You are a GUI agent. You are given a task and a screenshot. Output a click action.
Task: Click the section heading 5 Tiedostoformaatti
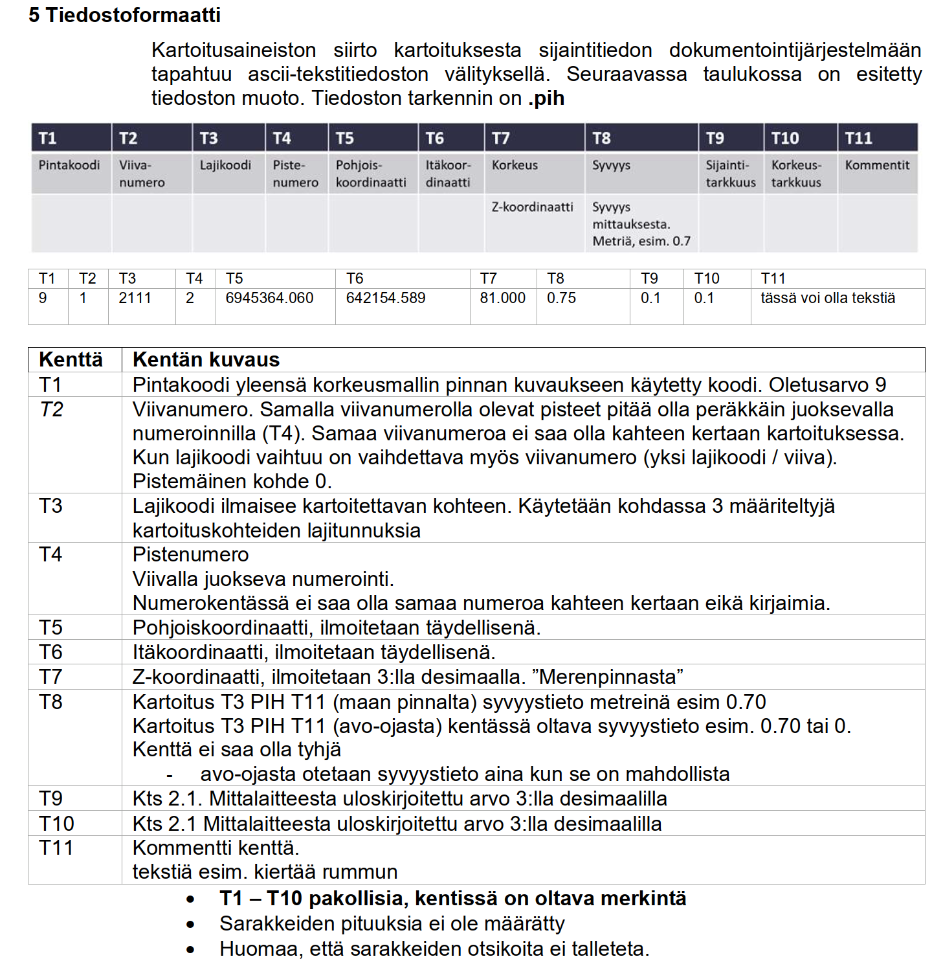point(124,15)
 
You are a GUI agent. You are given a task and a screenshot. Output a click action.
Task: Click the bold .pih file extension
point(546,98)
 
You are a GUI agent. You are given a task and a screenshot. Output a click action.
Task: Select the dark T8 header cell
point(641,138)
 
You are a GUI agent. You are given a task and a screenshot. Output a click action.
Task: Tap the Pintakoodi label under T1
point(69,165)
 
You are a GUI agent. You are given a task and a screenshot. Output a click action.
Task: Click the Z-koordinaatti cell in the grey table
point(532,207)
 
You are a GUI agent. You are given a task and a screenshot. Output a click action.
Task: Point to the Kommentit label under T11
point(877,165)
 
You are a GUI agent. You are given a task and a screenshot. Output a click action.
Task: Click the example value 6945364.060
point(269,298)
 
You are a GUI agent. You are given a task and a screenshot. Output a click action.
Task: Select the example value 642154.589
point(386,298)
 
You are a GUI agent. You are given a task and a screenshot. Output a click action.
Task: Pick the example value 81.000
point(502,298)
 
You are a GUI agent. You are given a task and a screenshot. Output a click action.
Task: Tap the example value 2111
point(135,298)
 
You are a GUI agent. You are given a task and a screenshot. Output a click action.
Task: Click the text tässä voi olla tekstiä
point(828,298)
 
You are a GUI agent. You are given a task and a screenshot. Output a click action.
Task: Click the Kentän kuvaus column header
point(206,359)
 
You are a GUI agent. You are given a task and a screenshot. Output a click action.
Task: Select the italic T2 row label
point(51,409)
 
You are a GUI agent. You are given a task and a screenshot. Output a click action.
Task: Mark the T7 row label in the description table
point(50,677)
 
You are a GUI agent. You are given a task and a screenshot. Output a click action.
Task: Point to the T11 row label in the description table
point(56,848)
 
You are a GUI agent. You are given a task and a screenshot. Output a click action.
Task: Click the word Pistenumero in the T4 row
point(190,554)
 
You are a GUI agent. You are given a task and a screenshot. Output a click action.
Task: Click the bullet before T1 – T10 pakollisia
point(190,899)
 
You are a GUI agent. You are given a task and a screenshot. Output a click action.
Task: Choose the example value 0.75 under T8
point(561,298)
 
